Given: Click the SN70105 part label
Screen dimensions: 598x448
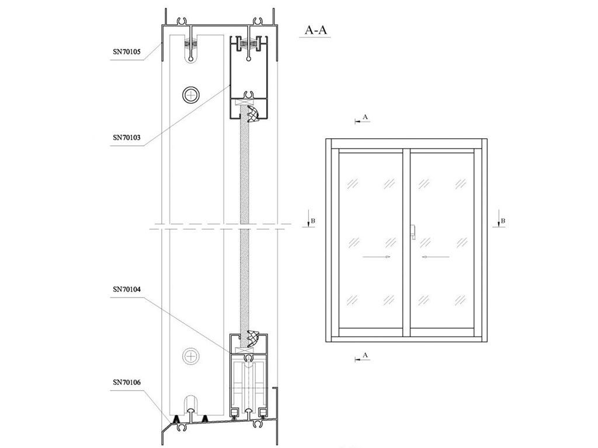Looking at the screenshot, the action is coord(127,52).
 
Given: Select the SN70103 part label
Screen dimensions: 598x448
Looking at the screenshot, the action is coord(127,138).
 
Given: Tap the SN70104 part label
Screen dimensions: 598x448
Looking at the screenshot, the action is coord(127,289).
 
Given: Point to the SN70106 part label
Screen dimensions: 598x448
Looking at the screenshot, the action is coord(127,382).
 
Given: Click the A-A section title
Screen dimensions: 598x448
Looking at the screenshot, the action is coord(315,30).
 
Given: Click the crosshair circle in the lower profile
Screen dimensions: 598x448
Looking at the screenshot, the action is coord(191,356).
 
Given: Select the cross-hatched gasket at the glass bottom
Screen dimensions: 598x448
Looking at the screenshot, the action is coord(253,338).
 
